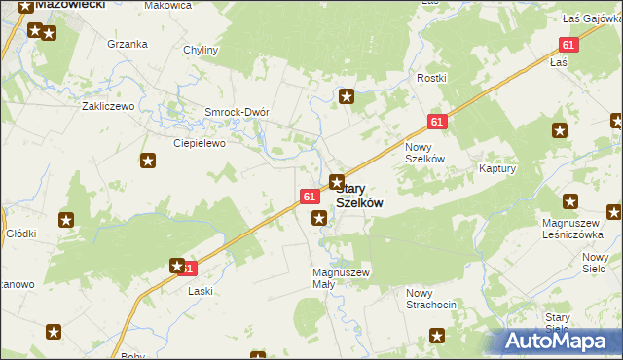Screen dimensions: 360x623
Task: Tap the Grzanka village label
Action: [x=128, y=44]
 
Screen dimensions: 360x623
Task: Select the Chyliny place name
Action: [x=201, y=49]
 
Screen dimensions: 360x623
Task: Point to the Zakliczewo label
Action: [x=107, y=106]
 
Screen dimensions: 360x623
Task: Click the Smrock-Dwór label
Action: [x=237, y=112]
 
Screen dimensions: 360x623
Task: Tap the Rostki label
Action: [x=431, y=78]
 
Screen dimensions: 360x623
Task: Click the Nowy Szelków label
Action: [x=424, y=153]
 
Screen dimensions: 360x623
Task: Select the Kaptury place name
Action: [x=496, y=168]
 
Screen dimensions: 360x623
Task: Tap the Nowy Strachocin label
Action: [x=431, y=299]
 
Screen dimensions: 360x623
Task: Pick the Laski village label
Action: [x=200, y=291]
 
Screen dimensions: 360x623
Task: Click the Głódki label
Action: [x=21, y=234]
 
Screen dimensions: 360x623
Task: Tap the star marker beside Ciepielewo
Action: [x=148, y=162]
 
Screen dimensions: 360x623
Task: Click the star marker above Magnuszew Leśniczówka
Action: [x=570, y=202]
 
